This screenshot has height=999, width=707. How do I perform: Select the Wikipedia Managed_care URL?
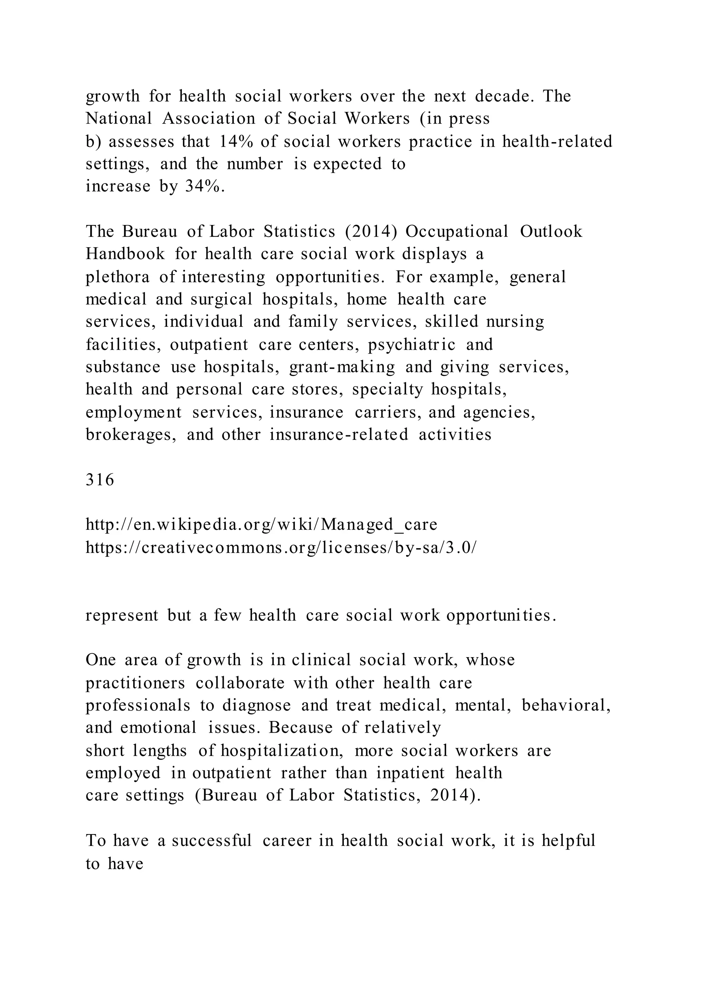(x=261, y=525)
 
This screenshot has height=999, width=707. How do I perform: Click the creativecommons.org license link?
(x=281, y=547)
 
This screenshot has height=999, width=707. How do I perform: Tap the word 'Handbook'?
(x=125, y=254)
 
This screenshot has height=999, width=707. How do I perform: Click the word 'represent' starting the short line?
(x=122, y=615)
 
